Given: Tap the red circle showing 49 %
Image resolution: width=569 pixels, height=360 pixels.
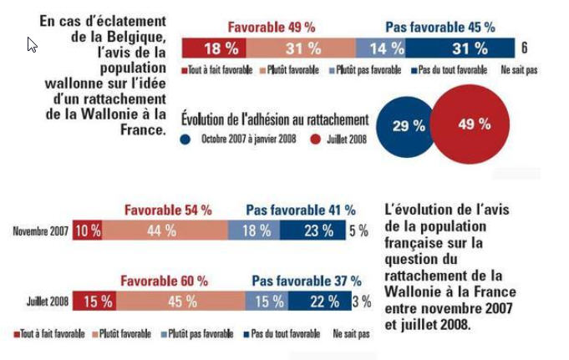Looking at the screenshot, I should pos(474,124).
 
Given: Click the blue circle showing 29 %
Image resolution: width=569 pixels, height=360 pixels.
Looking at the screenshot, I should pos(409,126).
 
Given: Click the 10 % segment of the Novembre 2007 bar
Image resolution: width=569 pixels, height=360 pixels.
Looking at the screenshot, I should pos(87,231).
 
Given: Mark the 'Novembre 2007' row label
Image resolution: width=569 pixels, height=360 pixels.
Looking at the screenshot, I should pos(39,231).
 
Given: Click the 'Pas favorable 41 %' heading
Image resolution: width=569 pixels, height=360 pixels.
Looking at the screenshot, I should pos(300,210).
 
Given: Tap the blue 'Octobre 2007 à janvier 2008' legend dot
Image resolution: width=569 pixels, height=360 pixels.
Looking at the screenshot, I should pos(185,139).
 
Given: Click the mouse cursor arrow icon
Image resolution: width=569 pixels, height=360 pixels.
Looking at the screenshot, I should pos(32,44).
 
